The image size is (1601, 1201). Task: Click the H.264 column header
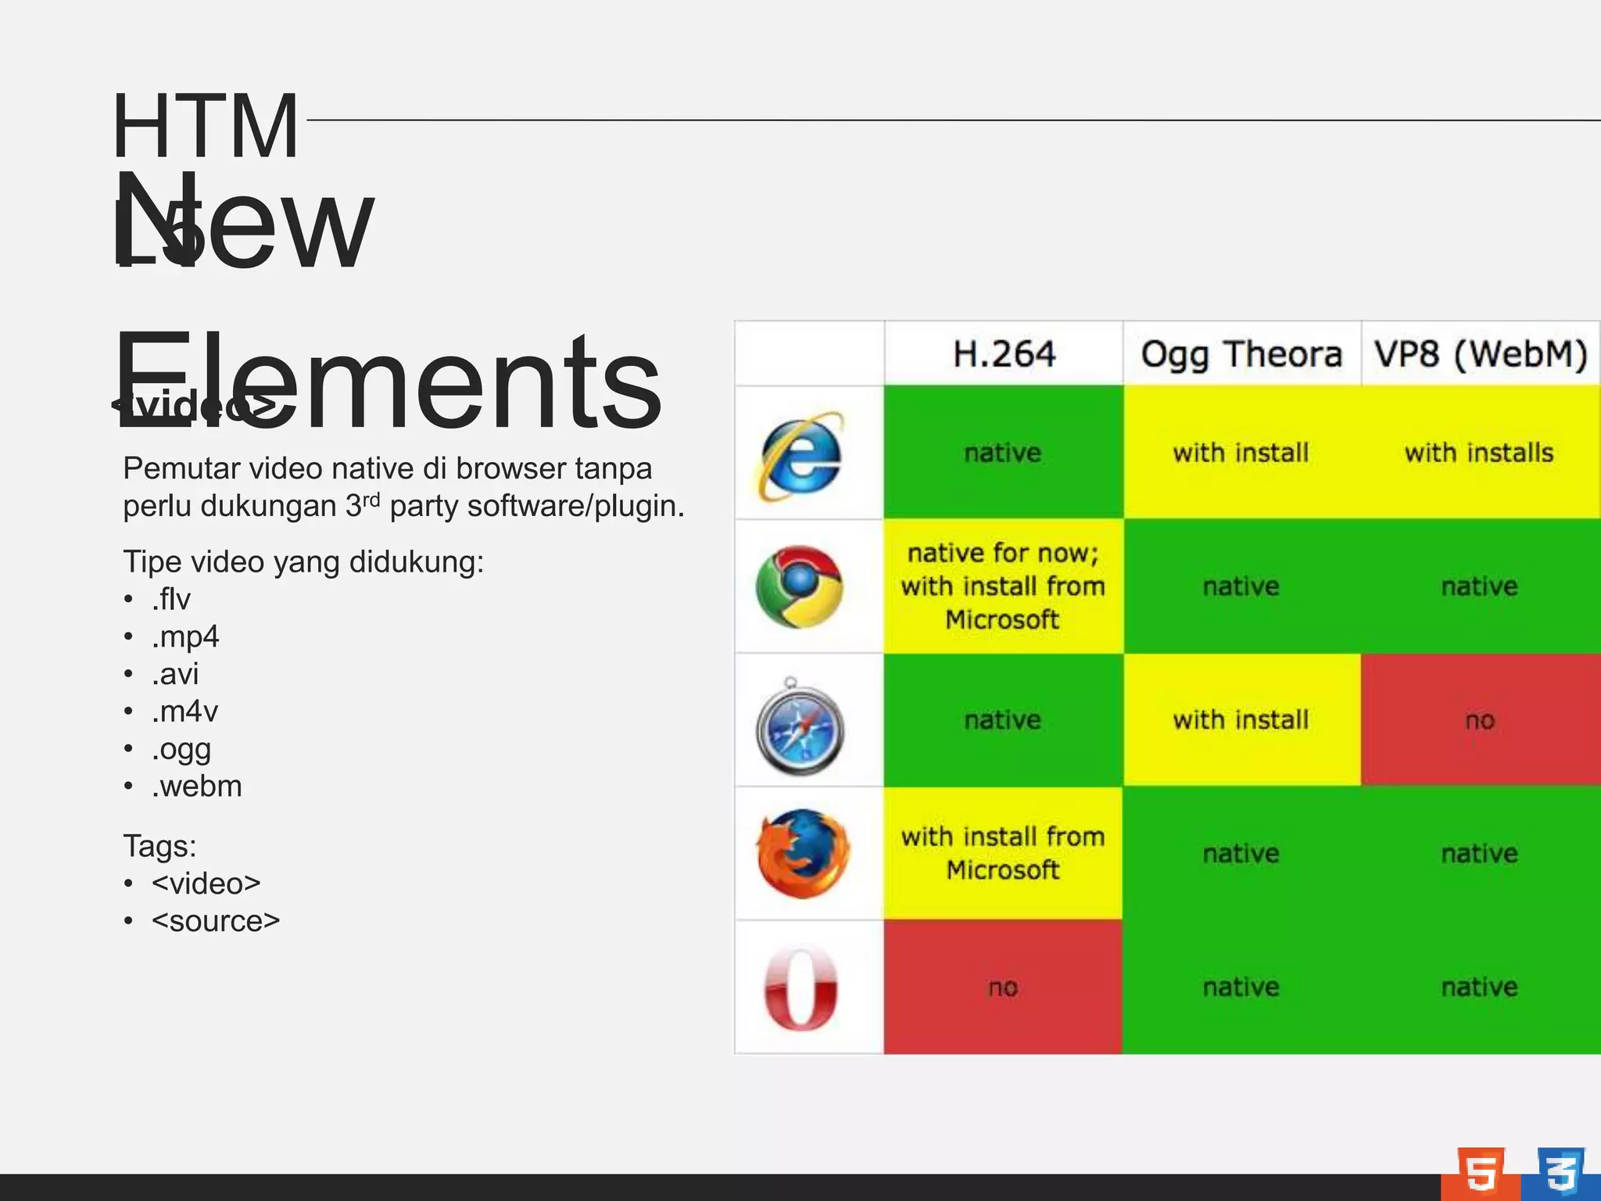1004,354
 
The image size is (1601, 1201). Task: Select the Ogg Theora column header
1241,354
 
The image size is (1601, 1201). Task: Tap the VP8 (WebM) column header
1481,354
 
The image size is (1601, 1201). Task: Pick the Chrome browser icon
799,586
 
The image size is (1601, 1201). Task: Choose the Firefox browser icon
802,853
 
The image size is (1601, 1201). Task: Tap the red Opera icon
800,988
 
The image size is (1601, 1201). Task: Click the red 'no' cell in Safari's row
1480,720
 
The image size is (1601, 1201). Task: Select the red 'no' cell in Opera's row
1003,988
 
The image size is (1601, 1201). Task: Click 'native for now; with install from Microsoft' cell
1003,586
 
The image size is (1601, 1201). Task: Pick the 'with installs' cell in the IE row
1479,453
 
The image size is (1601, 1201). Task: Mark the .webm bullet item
197,786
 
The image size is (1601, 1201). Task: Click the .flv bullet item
171,599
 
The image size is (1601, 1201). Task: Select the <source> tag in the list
216,921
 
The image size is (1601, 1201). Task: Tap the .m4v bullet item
184,712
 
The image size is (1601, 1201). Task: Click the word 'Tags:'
159,846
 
